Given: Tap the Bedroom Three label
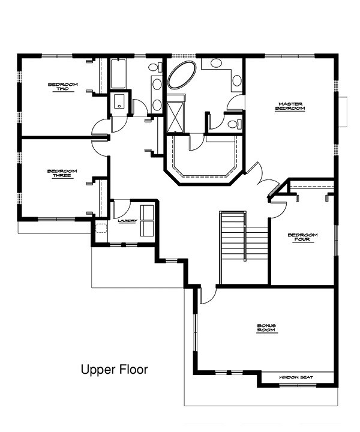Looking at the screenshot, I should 62,173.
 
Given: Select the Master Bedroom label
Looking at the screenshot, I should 290,106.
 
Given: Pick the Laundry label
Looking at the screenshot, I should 128,221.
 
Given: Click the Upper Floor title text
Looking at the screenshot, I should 114,370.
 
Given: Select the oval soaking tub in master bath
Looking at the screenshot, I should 181,77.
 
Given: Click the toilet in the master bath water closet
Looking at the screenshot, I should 235,124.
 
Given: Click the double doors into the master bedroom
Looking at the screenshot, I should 259,178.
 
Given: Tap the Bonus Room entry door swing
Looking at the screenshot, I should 206,294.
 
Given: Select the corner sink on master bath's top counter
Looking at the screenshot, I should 236,80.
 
